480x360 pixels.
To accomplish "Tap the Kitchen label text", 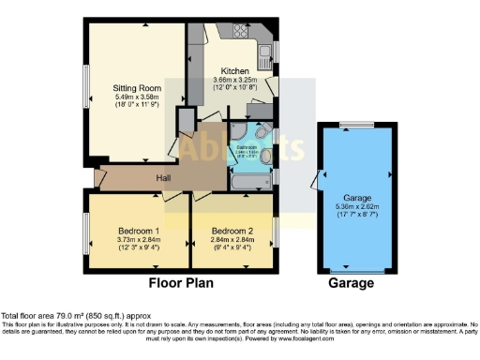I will tap(234, 71).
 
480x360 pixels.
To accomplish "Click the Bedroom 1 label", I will tap(138, 231).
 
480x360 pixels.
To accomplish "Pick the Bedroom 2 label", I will tap(231, 231).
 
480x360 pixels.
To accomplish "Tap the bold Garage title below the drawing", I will tap(351, 283).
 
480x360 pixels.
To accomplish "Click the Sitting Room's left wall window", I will tap(85, 90).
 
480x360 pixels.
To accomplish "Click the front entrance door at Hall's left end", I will tap(97, 176).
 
